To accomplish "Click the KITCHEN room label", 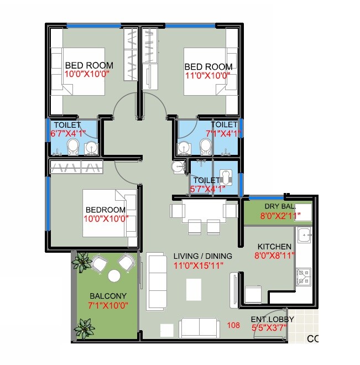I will (274, 246).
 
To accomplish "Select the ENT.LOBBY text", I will (272, 319).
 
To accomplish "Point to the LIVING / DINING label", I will (202, 257).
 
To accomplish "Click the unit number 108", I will (234, 325).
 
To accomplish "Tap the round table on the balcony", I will (114, 275).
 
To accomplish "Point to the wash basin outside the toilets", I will (177, 168).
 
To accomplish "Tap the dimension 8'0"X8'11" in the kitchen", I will (274, 255).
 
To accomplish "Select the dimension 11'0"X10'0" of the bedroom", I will (207, 75).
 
